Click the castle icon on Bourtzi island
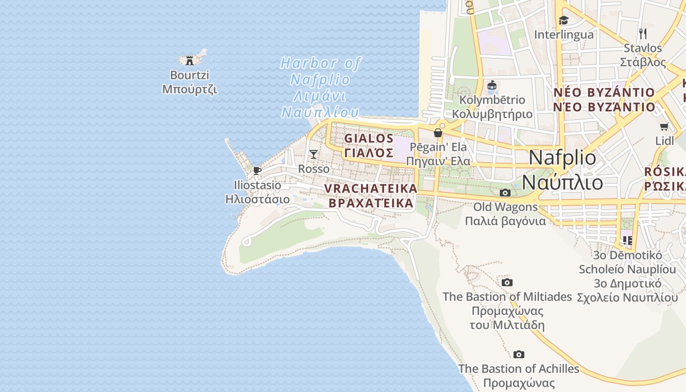click(x=190, y=61)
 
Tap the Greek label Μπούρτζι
click(x=190, y=90)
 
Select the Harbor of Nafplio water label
click(x=320, y=64)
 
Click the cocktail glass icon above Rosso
click(x=314, y=154)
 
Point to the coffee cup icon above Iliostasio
click(x=257, y=171)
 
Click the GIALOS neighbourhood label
click(x=369, y=139)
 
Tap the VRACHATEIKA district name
click(x=370, y=189)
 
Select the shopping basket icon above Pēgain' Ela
click(x=438, y=133)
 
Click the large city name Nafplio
click(x=563, y=158)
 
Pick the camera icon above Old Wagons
click(x=505, y=193)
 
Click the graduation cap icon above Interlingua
click(x=563, y=21)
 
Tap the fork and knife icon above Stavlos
click(x=643, y=34)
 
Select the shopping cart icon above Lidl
click(x=664, y=127)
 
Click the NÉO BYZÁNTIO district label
click(x=604, y=93)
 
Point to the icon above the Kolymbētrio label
click(x=492, y=86)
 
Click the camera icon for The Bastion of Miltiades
click(x=507, y=283)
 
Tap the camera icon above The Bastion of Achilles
click(x=519, y=355)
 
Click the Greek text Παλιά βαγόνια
click(x=505, y=221)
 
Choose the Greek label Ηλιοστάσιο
click(x=257, y=199)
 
